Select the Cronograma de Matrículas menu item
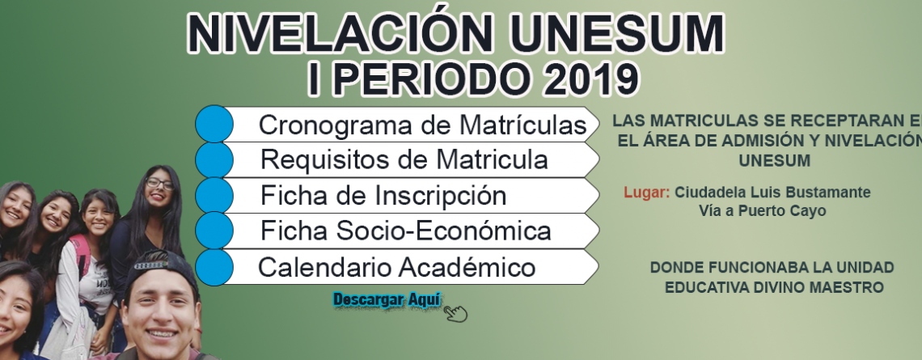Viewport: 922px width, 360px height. (423, 125)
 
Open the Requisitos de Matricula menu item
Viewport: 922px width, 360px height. (404, 159)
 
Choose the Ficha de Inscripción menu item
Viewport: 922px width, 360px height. (383, 195)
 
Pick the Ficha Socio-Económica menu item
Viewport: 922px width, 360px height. (406, 231)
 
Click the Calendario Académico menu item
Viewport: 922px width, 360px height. (397, 268)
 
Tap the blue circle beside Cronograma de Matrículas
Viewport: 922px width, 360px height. (214, 124)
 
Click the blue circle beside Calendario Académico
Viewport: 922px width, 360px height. (214, 267)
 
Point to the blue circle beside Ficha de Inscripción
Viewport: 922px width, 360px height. (214, 195)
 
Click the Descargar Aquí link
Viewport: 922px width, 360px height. (387, 300)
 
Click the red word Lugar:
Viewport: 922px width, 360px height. (647, 193)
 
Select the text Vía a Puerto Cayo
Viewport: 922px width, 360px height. (762, 210)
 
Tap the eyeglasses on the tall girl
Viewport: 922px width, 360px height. (159, 184)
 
